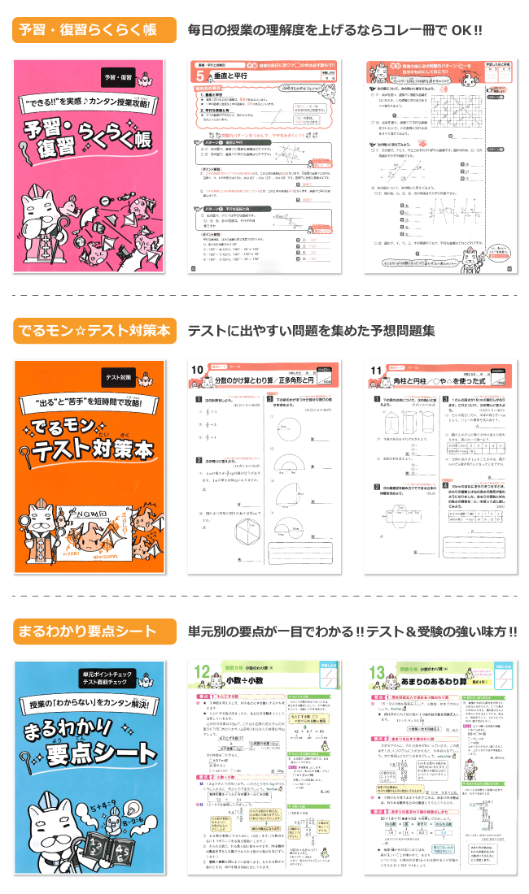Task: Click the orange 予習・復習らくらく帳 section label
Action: coord(94,31)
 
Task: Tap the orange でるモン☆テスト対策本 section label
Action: coord(94,331)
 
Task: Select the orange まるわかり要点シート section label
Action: coord(94,631)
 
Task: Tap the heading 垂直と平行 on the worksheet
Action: coord(231,76)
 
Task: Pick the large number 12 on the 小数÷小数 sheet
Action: coord(204,673)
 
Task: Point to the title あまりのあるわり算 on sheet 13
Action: coord(435,678)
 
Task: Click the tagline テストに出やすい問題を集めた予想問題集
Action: coord(311,331)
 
